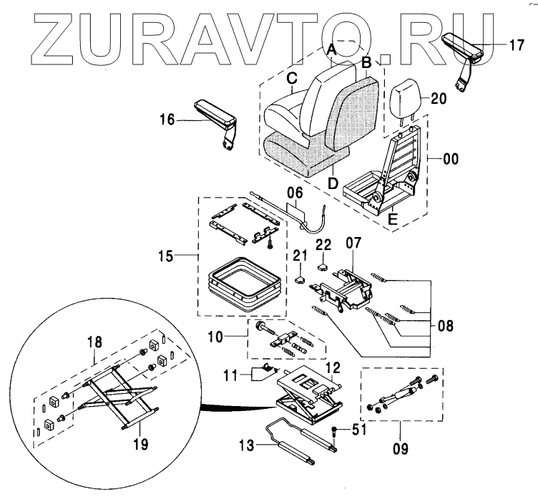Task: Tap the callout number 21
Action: (x=300, y=256)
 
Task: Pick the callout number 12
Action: (x=331, y=367)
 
